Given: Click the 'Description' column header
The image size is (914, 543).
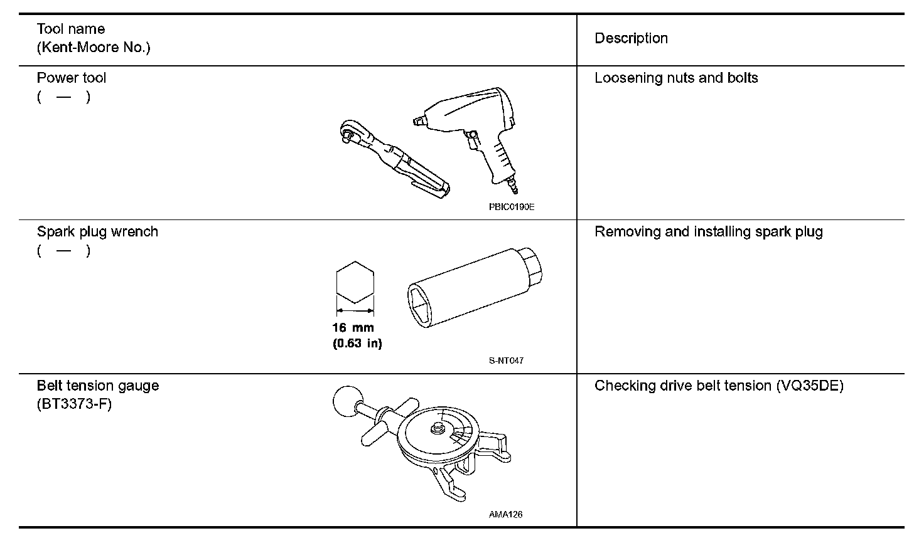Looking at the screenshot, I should point(631,38).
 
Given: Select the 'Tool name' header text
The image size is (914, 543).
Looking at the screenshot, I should point(70,29).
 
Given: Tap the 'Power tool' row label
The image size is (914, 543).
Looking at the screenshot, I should point(71,78).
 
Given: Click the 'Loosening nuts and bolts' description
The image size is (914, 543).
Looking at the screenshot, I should point(676,78).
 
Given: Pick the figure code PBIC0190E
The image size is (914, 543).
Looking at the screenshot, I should point(512,208).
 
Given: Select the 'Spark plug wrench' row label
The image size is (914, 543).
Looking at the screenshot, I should point(97,232).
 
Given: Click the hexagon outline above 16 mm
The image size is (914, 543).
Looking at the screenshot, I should point(355,282).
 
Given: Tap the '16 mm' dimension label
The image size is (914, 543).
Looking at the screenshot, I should point(353,327).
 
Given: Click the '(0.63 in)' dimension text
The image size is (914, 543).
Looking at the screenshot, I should point(357,343).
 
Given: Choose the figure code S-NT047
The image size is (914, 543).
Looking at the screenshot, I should point(506,361).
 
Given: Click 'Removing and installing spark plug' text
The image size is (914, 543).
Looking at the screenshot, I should point(708,232).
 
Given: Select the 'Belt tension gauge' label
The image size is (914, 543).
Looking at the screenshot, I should point(98,386).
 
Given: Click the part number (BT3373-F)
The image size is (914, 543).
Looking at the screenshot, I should point(74,404).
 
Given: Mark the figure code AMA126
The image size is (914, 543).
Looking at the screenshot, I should point(505,515).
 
